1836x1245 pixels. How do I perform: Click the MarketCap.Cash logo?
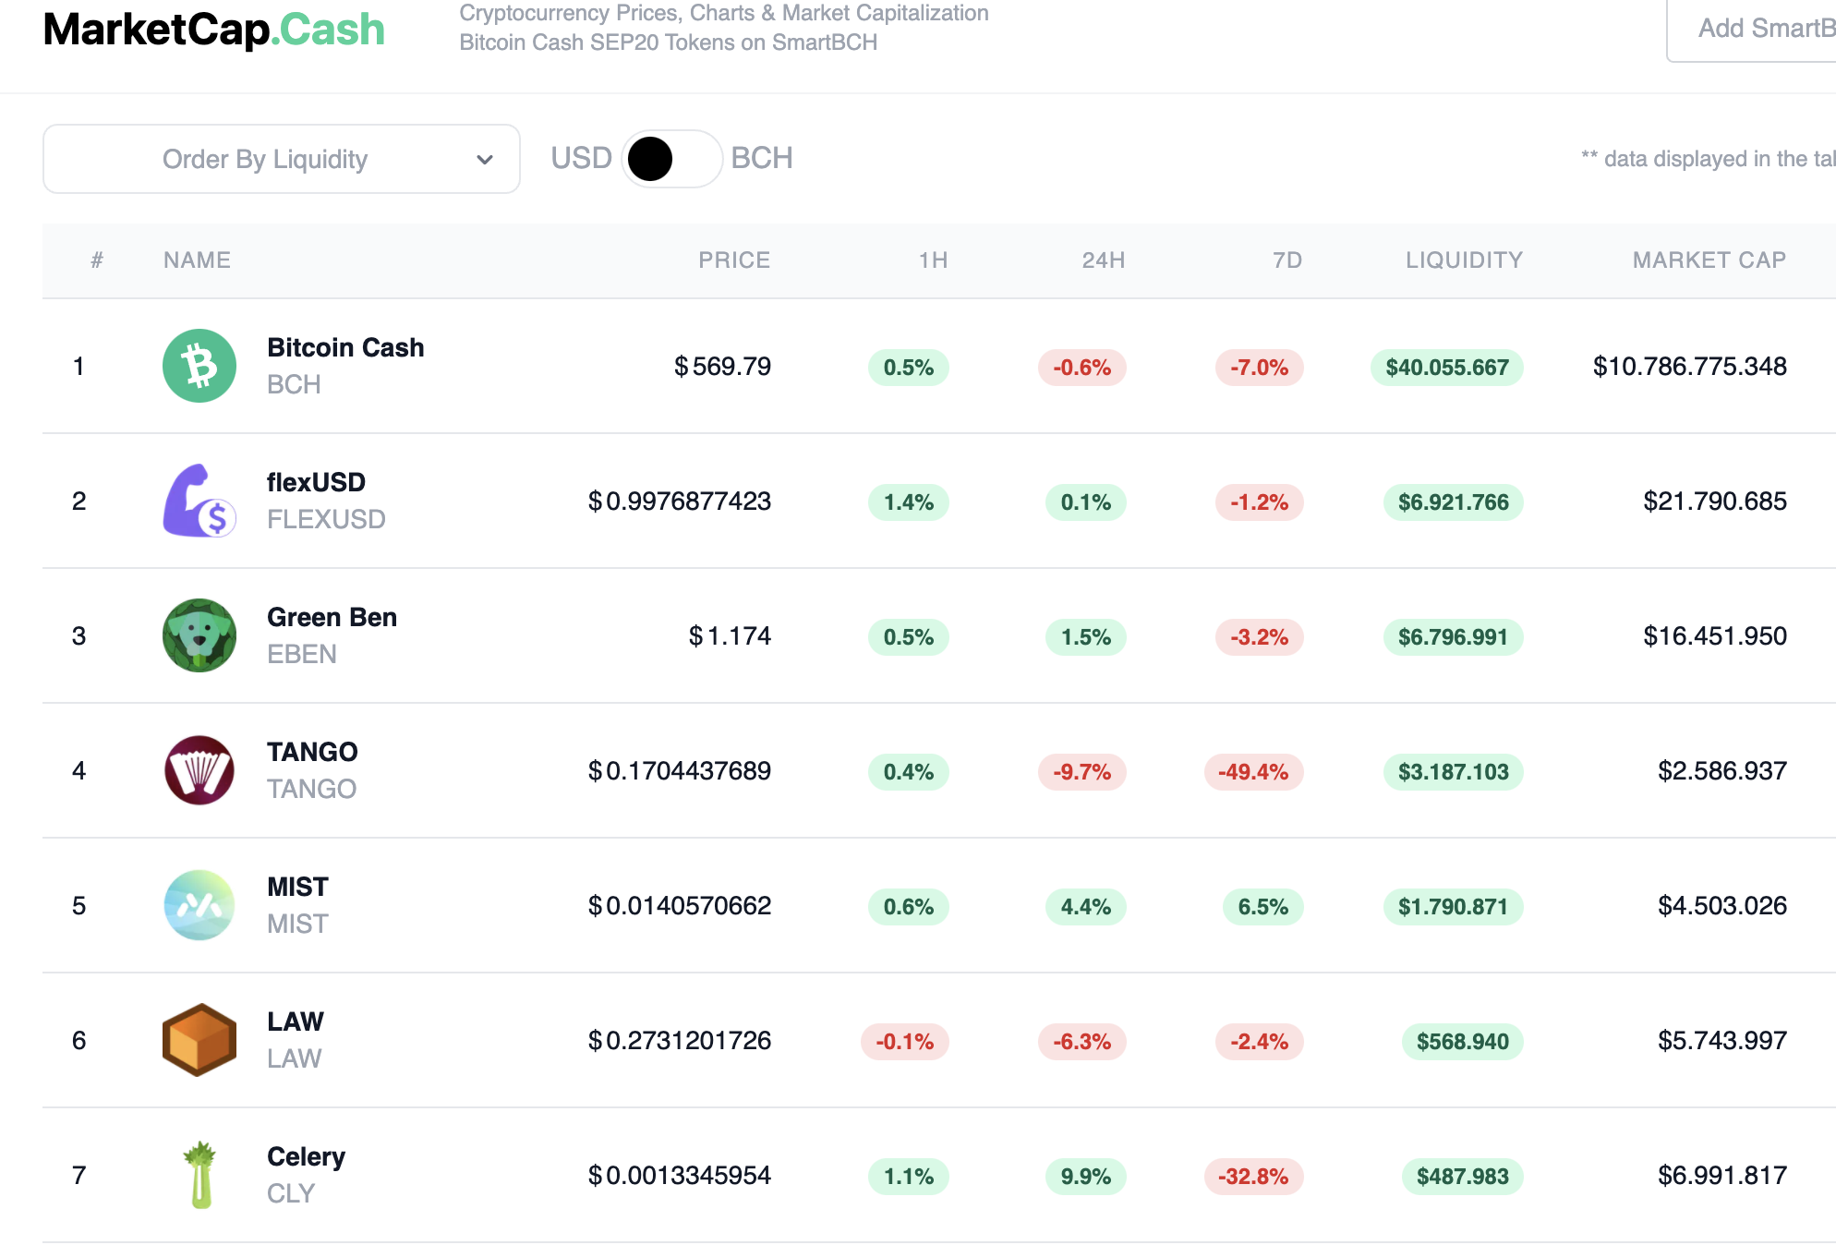pos(213,30)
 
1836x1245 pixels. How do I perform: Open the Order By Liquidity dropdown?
pos(282,159)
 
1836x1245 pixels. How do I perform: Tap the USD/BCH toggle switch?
pos(671,159)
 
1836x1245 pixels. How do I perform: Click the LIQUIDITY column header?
pos(1464,260)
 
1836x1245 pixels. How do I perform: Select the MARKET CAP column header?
pos(1709,260)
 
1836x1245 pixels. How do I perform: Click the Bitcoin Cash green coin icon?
pos(199,366)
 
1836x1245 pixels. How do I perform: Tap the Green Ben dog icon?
pos(199,635)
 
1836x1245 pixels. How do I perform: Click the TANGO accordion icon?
pos(199,770)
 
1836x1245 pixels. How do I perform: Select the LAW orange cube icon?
pos(199,1040)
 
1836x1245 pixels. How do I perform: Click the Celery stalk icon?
pos(199,1175)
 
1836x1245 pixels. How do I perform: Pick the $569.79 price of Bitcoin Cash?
pos(722,367)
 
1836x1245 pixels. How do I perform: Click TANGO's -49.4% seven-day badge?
pos(1253,772)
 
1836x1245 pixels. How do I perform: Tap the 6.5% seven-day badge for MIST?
pos(1262,907)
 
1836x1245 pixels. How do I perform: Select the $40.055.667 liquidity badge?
pos(1447,368)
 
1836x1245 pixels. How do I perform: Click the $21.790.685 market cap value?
pos(1715,502)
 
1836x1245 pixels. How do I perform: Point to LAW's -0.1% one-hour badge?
pos(904,1042)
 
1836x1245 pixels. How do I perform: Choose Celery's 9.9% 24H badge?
pos(1085,1177)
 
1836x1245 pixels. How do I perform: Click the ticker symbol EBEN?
pos(302,654)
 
